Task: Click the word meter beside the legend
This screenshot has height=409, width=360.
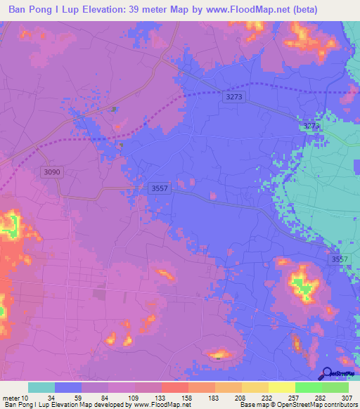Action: coord(12,397)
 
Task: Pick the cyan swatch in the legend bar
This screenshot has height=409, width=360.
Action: coord(41,387)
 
